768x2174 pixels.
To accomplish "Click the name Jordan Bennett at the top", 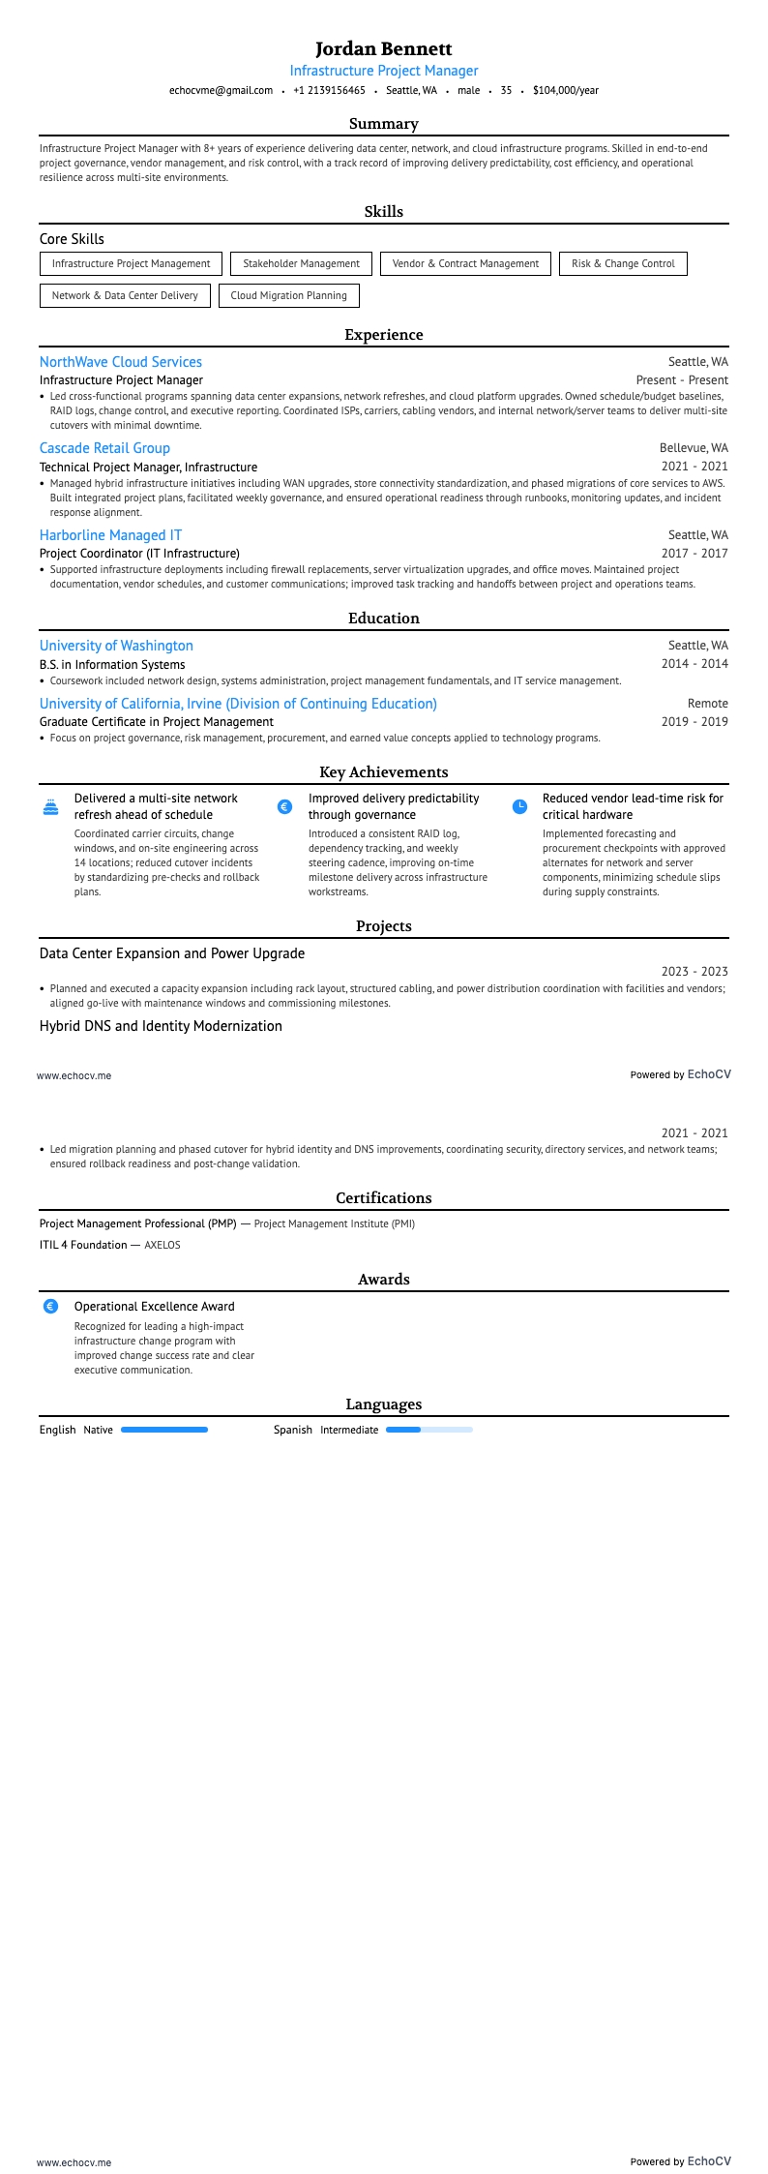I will (x=383, y=48).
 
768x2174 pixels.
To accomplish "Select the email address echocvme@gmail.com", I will (x=221, y=90).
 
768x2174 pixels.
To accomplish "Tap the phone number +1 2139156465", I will (x=329, y=90).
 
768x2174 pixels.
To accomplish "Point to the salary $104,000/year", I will (x=565, y=90).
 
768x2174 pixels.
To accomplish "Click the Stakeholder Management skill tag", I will (x=301, y=263).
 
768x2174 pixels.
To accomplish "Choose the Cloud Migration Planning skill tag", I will (x=288, y=295).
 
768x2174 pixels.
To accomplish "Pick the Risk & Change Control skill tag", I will (x=623, y=263).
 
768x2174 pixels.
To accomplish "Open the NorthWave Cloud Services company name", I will (x=121, y=362).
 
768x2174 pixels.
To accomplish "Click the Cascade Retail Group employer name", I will (x=104, y=448).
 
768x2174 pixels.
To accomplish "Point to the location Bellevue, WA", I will (x=694, y=448).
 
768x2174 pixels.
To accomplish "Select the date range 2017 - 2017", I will (x=694, y=554).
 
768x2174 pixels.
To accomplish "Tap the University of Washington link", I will (x=116, y=646).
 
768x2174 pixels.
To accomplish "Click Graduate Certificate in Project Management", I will (x=157, y=722).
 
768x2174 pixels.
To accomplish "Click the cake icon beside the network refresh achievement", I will (x=50, y=806).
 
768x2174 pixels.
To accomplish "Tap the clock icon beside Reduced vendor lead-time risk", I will (x=519, y=806).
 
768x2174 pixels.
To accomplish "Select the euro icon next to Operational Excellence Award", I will (x=51, y=1306).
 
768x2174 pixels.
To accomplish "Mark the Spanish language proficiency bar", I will (x=429, y=1430).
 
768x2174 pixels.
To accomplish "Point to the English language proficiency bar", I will (x=164, y=1430).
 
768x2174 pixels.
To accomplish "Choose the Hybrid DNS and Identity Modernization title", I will (x=161, y=1026).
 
